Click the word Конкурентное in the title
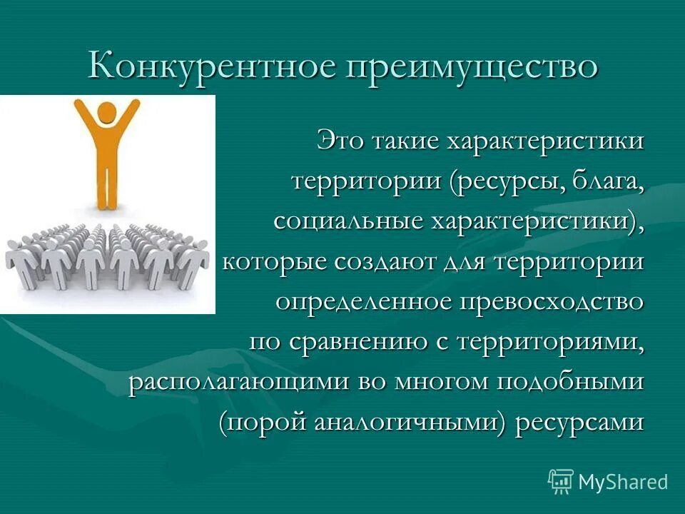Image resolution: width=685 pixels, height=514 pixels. [x=212, y=66]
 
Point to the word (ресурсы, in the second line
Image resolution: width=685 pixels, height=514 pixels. [x=504, y=181]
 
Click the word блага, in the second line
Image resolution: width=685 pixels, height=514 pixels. [x=607, y=181]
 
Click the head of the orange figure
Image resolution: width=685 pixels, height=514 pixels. [x=106, y=113]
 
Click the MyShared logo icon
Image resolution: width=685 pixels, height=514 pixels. [x=561, y=481]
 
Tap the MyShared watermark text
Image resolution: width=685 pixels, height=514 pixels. [x=623, y=482]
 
